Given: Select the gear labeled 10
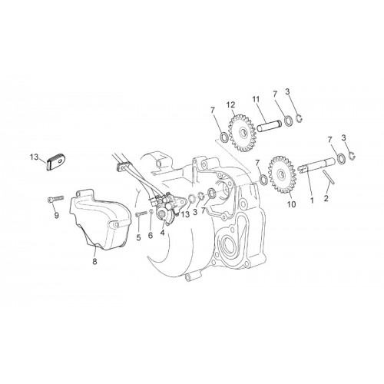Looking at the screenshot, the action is click(282, 175).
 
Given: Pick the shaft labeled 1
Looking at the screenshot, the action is click(317, 167).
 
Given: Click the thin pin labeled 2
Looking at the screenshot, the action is click(328, 177).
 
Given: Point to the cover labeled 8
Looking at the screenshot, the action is click(96, 220).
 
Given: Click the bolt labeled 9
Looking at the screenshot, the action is click(55, 199).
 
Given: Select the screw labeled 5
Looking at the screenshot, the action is click(141, 214).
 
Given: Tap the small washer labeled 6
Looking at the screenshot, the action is click(151, 211).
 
